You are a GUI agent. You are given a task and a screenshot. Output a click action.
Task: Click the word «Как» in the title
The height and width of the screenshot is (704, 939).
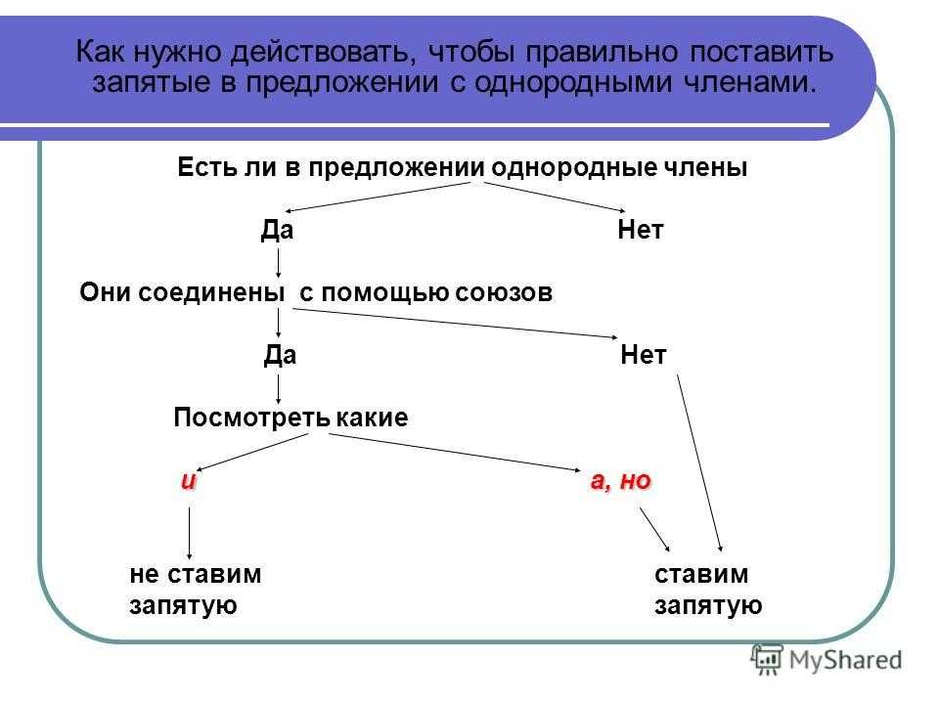pos(100,52)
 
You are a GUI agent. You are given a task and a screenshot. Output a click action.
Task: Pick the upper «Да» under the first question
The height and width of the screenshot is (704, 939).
pos(277,229)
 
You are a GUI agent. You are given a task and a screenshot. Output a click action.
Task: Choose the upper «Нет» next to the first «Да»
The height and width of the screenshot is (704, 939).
pos(640,229)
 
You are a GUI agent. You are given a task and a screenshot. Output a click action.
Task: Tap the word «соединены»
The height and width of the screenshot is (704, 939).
pos(182,292)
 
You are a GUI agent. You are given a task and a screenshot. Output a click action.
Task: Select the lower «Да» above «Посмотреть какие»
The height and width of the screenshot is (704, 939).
pos(280,355)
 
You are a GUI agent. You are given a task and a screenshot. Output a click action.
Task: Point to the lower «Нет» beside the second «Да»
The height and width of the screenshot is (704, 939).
pos(644,355)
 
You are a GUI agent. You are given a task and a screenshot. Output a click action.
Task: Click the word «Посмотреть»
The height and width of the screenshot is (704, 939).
pos(251,418)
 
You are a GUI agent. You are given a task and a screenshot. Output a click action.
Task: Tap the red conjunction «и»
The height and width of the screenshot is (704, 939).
pos(189,481)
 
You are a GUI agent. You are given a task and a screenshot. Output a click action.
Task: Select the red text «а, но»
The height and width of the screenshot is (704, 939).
pos(620,481)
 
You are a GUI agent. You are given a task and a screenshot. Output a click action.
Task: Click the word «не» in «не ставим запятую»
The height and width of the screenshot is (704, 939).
pos(144,575)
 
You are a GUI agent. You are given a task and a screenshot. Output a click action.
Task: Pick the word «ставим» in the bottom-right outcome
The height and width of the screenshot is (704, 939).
pos(701,575)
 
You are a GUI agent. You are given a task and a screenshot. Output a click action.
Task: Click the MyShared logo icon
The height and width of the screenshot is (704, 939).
pos(767,659)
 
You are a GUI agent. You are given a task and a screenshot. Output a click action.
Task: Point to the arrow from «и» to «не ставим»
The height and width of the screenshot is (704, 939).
pos(189,533)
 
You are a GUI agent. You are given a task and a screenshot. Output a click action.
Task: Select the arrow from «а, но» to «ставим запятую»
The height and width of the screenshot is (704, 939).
pos(654,529)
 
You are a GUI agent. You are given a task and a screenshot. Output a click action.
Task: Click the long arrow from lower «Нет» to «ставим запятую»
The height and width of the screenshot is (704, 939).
pos(699,462)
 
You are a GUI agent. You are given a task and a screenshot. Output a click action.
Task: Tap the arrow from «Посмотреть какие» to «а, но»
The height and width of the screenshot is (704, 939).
pos(455,453)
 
